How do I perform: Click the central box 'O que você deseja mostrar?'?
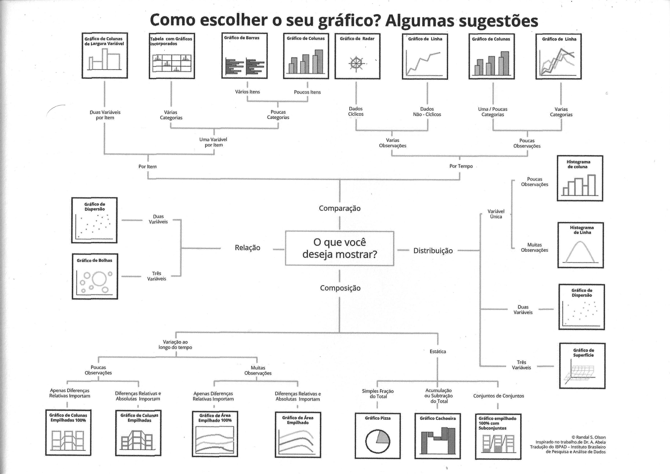coord(339,248)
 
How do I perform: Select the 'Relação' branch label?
coord(247,248)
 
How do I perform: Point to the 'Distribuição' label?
coord(433,251)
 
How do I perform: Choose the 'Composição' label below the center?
coord(340,288)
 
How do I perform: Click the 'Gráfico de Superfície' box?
coord(582,366)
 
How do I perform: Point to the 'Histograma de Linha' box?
coord(580,245)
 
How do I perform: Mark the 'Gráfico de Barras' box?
coord(245,55)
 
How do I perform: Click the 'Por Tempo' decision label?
coord(461,166)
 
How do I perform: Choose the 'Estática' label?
coord(438,351)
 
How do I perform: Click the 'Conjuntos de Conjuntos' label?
coord(498,396)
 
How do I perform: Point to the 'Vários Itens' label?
coord(247,92)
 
